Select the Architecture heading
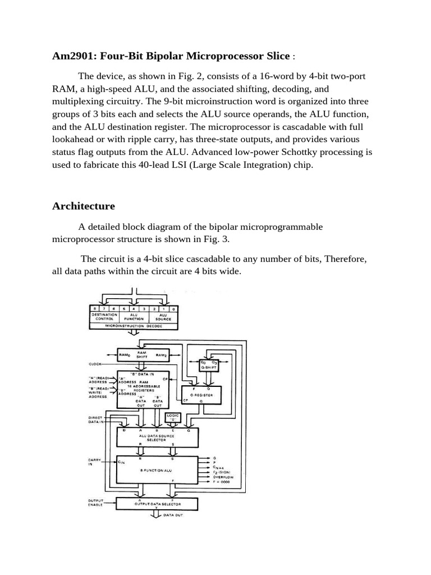point(84,206)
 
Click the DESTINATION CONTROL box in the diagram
point(104,317)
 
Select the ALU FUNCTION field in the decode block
point(134,317)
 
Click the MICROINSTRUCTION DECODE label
point(134,326)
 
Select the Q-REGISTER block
point(201,394)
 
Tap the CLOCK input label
point(96,363)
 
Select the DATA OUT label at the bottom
point(173,514)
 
